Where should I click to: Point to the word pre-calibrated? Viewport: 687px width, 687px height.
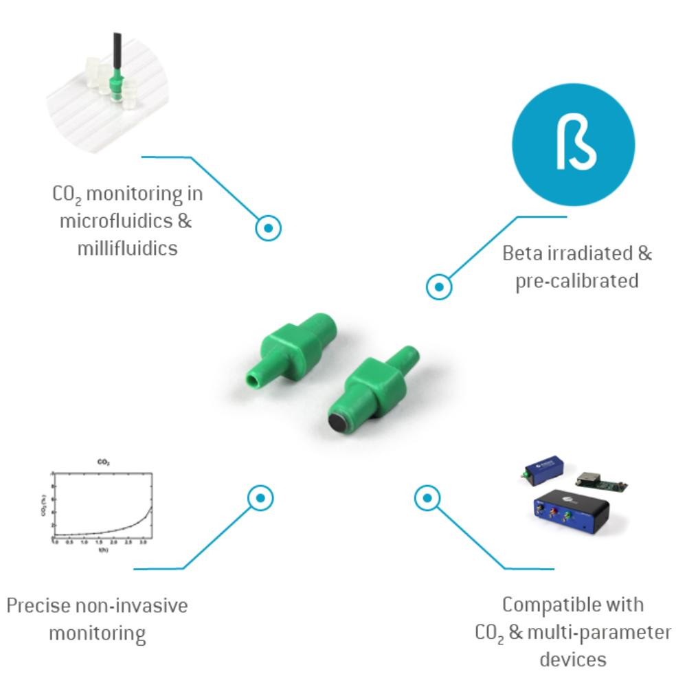click(576, 280)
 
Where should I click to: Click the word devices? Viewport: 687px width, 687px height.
click(573, 660)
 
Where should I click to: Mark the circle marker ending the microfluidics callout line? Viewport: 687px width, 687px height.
click(269, 227)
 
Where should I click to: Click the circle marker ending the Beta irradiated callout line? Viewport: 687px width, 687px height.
click(438, 286)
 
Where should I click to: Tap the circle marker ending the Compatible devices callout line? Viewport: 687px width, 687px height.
click(427, 497)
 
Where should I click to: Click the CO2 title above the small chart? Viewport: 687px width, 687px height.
click(103, 463)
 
